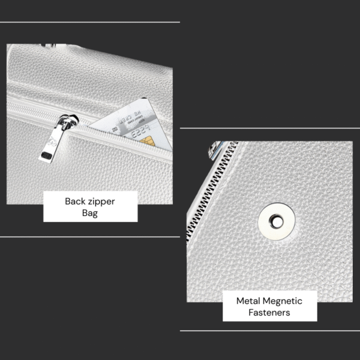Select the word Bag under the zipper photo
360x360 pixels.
(x=90, y=214)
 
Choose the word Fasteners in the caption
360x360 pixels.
(x=269, y=313)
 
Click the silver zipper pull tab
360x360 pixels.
(x=52, y=144)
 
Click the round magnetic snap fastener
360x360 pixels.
(x=275, y=221)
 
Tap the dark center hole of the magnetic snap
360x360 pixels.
(x=277, y=221)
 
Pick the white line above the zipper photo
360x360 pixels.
(x=90, y=22)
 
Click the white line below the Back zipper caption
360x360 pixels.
(x=90, y=236)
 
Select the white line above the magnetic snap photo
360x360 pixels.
(x=270, y=128)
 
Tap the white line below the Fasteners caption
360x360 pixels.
(x=270, y=330)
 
